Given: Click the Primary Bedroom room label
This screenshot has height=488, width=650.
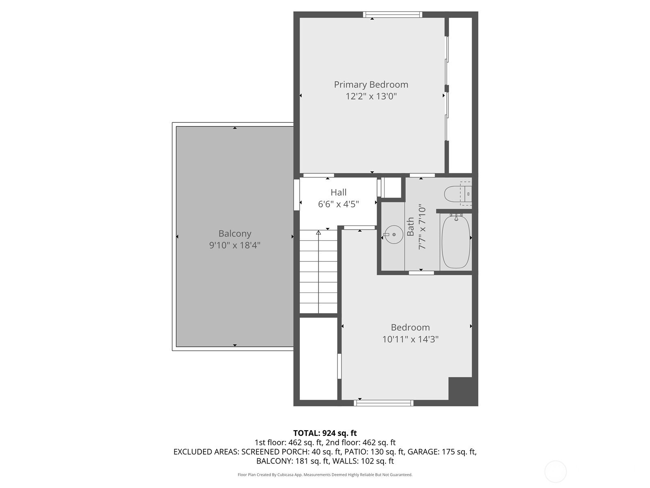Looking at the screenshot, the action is point(371,85).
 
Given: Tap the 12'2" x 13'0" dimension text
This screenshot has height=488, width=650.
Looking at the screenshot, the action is point(371,96).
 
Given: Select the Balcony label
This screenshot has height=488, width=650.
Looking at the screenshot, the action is point(235,234).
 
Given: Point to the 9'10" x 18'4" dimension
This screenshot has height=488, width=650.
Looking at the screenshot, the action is point(234,245).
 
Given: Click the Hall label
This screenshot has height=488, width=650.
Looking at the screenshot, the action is point(338,192).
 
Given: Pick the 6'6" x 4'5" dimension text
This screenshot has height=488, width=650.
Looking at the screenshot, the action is point(338,204).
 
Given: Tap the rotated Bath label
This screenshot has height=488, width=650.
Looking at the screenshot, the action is point(410,227).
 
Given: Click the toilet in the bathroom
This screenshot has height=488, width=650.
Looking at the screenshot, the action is point(458,194).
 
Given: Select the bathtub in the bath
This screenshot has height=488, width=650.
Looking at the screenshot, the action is point(456,241).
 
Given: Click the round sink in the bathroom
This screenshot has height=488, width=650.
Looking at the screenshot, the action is point(394,234).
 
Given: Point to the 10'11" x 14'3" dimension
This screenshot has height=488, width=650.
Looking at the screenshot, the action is point(410,339).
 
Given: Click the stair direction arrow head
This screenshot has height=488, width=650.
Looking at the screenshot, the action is point(318,233).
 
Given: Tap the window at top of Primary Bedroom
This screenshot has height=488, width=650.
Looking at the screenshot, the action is point(393,15).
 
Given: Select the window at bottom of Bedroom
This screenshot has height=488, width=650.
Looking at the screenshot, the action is point(383,403).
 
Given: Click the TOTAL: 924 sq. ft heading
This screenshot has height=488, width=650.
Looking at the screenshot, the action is point(325,433).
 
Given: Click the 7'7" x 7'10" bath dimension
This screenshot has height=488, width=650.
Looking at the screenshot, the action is point(422,228).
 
